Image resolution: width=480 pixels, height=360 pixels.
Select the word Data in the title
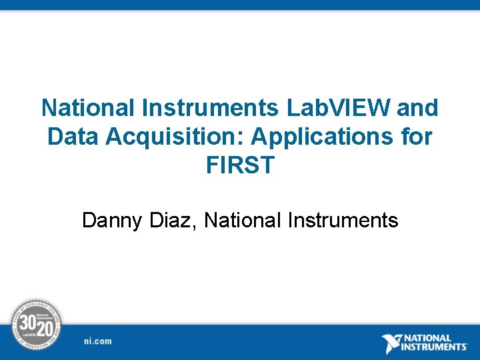pos(70,137)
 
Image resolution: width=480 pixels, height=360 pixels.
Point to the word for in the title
pos(416,137)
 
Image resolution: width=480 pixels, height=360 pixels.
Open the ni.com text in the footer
pos(98,341)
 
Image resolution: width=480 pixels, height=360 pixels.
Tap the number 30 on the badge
pos(28,322)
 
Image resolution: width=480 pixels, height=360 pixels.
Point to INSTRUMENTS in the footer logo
pos(436,347)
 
